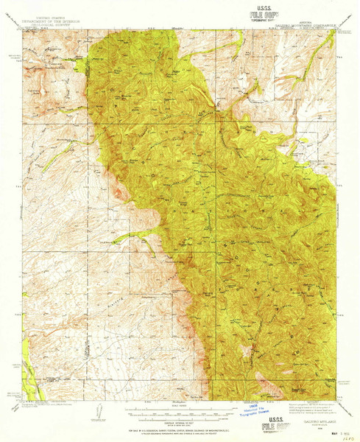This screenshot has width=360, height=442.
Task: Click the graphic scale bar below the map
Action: [x=180, y=410]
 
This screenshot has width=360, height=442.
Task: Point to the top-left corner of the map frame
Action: [x=22, y=30]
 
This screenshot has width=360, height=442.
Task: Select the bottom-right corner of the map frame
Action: [x=336, y=401]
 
